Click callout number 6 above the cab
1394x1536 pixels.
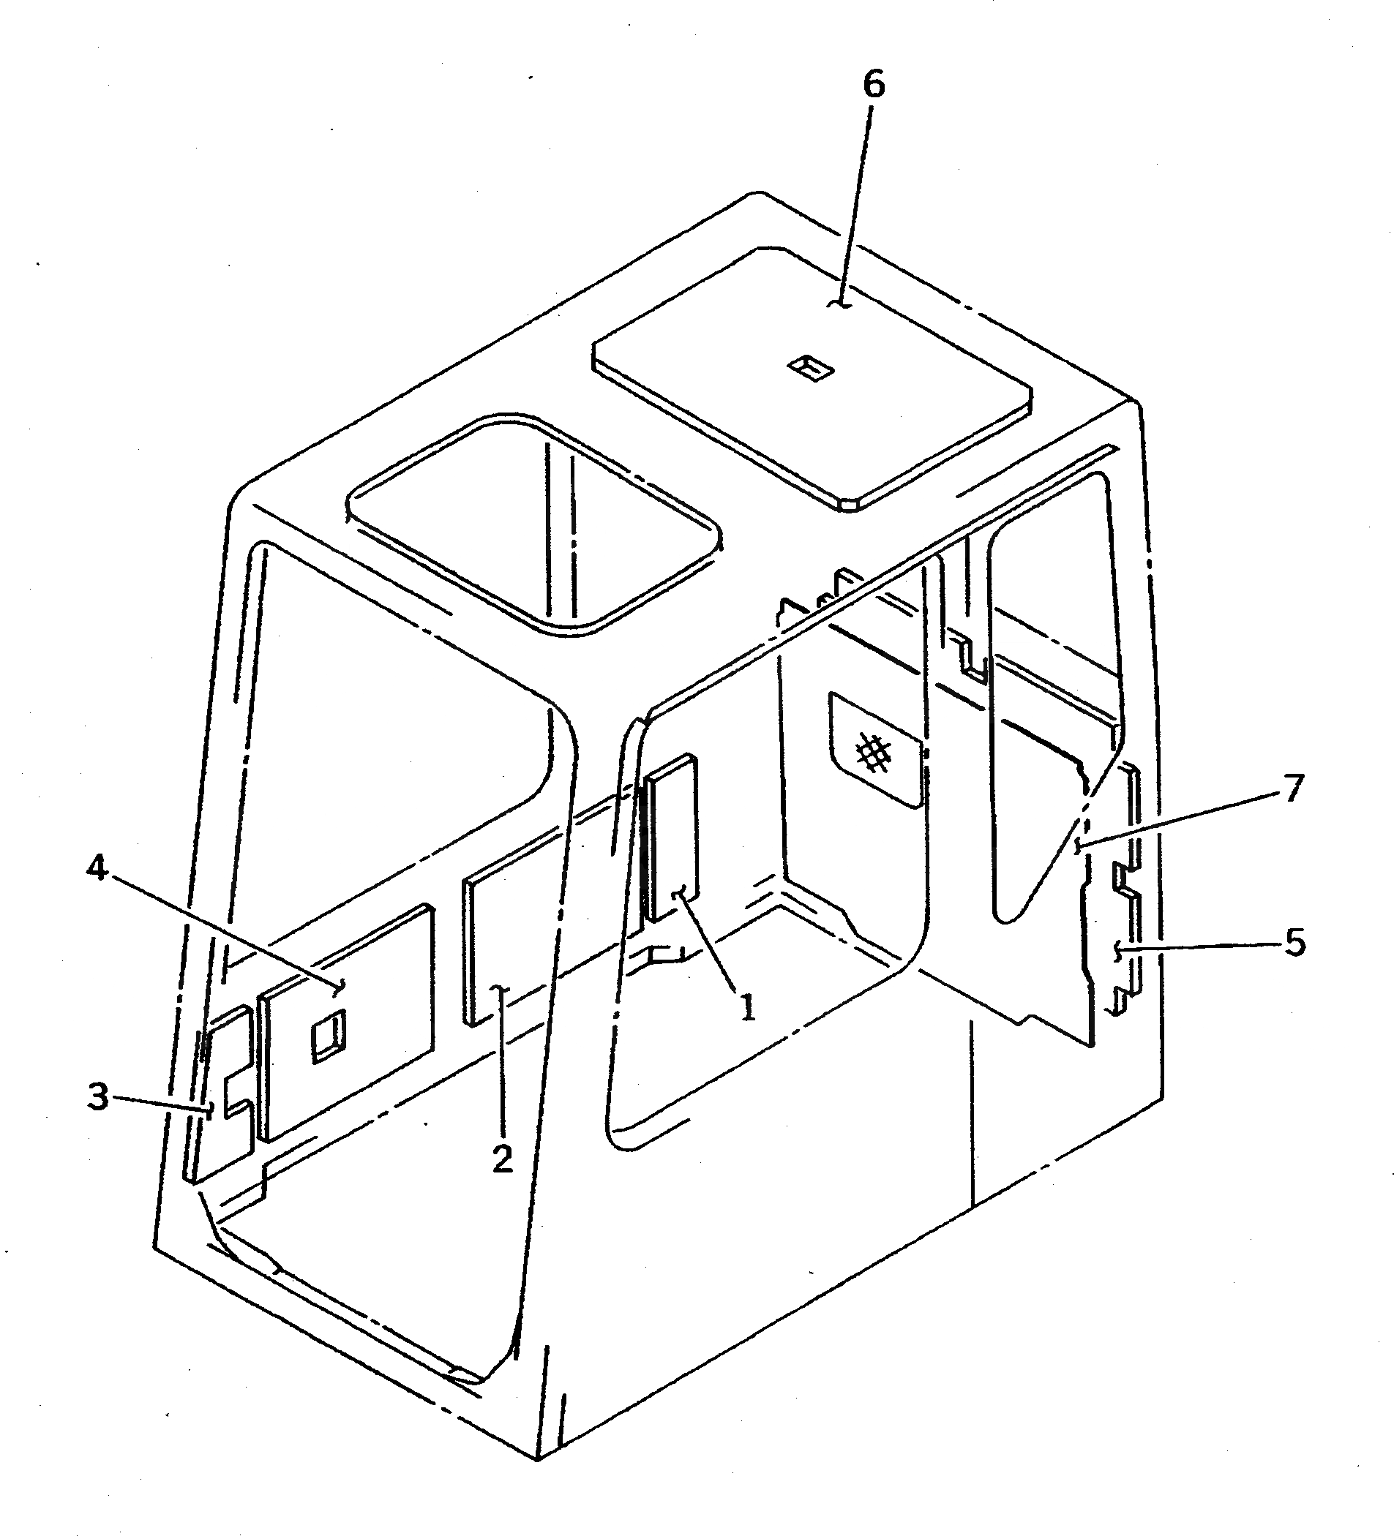pyautogui.click(x=874, y=85)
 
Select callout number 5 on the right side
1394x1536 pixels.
pyautogui.click(x=1295, y=944)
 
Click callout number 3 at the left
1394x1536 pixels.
pyautogui.click(x=98, y=1098)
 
